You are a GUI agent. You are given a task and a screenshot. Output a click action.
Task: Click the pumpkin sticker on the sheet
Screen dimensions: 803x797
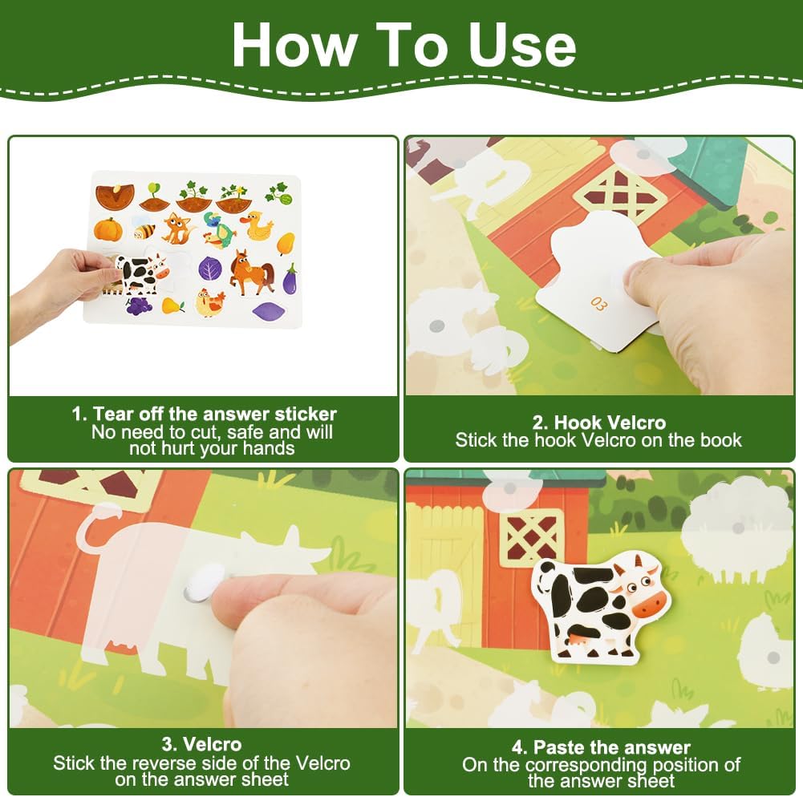tap(108, 229)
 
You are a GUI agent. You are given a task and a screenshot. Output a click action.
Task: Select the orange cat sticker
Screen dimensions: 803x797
tap(177, 229)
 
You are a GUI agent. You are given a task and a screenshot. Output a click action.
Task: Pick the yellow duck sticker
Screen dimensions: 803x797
tap(257, 226)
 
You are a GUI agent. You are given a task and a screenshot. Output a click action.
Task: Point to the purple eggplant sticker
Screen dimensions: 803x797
tap(290, 280)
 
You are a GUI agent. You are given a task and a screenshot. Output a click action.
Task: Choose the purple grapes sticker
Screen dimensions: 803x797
tap(139, 305)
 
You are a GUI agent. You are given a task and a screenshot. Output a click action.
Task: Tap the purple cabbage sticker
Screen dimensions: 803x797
tap(209, 268)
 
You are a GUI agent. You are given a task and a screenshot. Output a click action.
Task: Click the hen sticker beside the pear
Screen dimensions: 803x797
tap(210, 302)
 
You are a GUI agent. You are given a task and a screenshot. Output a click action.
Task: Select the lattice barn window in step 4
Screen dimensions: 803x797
tap(532, 538)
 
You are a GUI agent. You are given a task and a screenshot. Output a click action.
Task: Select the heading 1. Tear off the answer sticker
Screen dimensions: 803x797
tap(204, 414)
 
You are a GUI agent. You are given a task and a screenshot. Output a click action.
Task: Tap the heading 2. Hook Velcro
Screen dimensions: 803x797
tap(598, 423)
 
